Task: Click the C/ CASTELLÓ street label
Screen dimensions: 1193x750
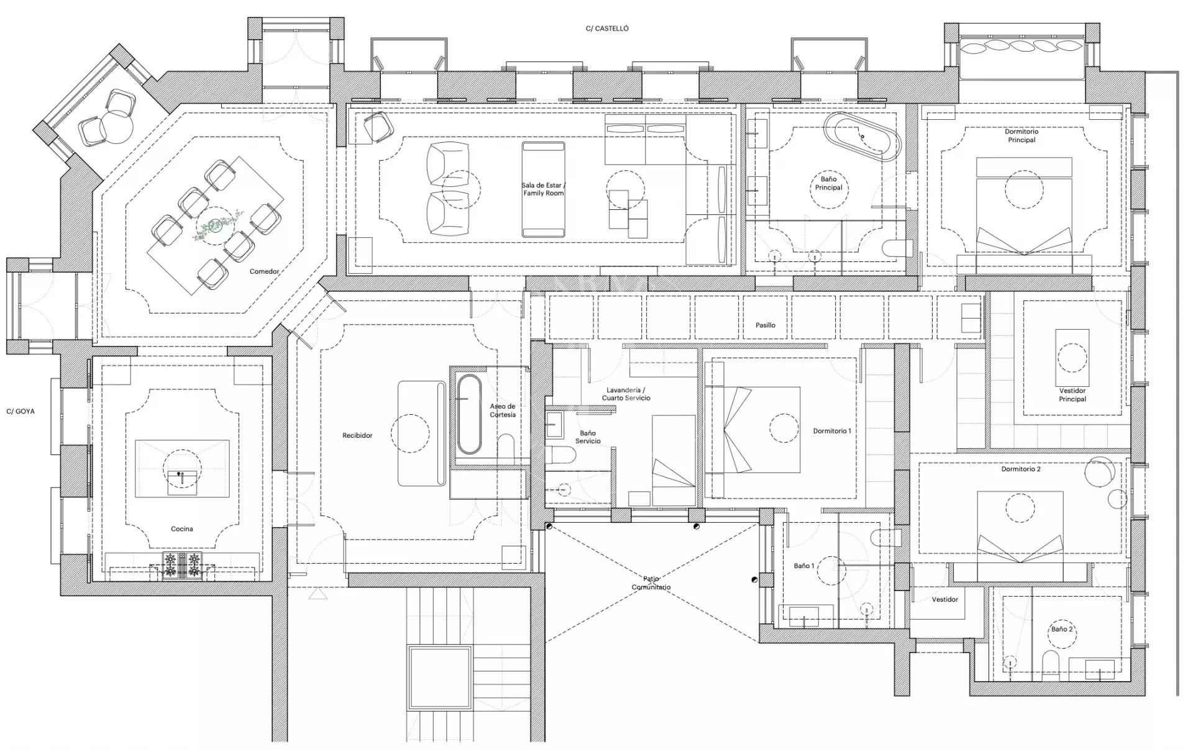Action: [607, 29]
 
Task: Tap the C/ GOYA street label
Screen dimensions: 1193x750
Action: [21, 411]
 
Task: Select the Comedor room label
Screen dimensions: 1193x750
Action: [264, 271]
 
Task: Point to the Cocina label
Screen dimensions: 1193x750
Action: [182, 529]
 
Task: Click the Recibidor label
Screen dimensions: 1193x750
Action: [357, 435]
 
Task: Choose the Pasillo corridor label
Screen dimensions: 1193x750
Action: [766, 325]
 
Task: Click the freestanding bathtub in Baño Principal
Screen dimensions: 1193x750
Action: [862, 137]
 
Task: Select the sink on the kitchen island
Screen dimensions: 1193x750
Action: [182, 482]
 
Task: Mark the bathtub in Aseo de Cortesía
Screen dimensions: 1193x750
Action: [469, 415]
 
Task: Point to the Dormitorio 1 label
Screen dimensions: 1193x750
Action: [832, 431]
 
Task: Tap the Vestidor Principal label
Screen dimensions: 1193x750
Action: [1072, 395]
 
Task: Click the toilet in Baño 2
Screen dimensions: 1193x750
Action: [1051, 665]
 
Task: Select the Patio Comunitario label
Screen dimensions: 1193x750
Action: [651, 583]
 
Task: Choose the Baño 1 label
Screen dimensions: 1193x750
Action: [804, 566]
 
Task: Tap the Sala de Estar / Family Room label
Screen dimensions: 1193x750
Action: [544, 189]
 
